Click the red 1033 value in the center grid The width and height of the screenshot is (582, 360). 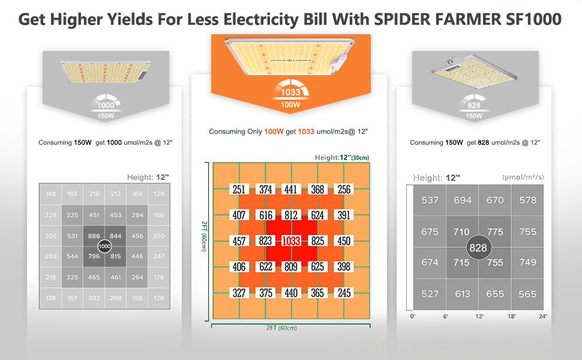(292, 241)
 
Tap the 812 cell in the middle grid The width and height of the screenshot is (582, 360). (292, 215)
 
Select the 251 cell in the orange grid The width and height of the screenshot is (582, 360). (239, 190)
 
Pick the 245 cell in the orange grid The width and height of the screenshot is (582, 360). (344, 293)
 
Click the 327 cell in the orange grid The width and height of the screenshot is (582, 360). (239, 293)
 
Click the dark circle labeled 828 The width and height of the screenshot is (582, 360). (478, 248)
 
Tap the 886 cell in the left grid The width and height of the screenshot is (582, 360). (94, 236)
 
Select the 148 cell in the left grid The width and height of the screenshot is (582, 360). (50, 194)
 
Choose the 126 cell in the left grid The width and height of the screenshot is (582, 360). (159, 298)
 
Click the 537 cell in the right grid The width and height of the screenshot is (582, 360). (430, 200)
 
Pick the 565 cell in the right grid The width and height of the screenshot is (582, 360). (527, 293)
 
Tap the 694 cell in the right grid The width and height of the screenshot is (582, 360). (463, 200)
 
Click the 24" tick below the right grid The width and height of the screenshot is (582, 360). (542, 316)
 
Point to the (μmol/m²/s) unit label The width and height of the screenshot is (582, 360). (524, 178)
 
